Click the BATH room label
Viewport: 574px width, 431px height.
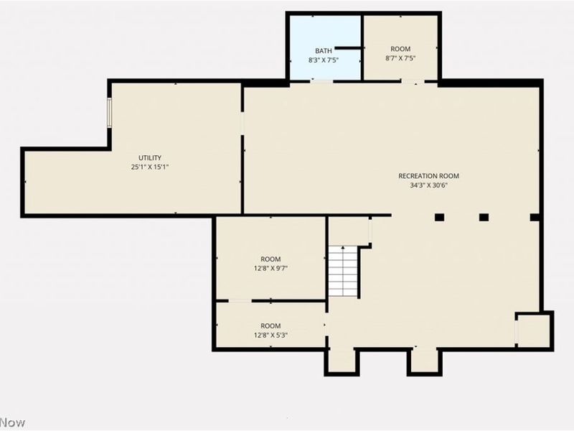click(x=324, y=50)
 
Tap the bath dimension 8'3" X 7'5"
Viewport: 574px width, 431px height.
click(x=324, y=60)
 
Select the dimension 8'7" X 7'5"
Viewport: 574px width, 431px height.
click(x=400, y=58)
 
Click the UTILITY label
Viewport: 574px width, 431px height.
click(x=150, y=158)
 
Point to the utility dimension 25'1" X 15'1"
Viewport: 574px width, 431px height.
click(x=150, y=167)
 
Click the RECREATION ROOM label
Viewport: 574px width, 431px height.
click(x=429, y=176)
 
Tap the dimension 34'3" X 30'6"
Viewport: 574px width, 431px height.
click(x=429, y=185)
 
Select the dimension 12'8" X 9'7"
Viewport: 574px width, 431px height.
click(x=270, y=269)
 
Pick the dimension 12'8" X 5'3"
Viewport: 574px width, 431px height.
click(x=270, y=335)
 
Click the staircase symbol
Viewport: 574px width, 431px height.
click(x=344, y=271)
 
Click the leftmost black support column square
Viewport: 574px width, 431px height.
click(x=439, y=217)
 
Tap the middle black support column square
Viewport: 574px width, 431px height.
click(x=484, y=217)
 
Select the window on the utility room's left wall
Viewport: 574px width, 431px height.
click(x=110, y=113)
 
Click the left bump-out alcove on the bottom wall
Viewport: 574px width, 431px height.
click(x=342, y=360)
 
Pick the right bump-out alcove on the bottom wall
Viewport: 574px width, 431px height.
click(x=424, y=360)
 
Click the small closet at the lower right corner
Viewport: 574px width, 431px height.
click(x=534, y=330)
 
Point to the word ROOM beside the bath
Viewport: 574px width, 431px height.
click(x=400, y=49)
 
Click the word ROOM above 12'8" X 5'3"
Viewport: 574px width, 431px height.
click(x=270, y=326)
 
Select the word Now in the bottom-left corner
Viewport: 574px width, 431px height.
click(x=12, y=422)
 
